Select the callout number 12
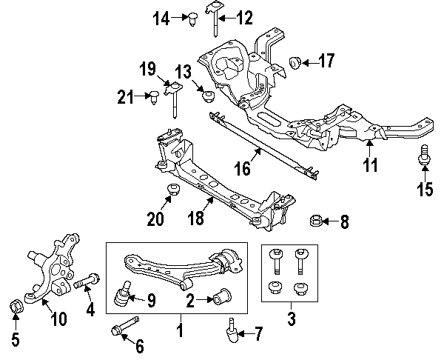click(243, 16)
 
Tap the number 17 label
click(327, 61)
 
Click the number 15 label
click(424, 190)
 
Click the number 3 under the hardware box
click(290, 320)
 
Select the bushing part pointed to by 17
click(294, 61)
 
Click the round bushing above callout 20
click(172, 189)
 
